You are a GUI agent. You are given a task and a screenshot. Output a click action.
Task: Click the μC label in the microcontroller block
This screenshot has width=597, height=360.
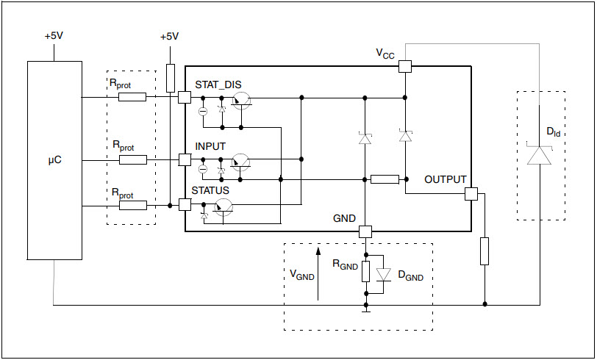[54, 160]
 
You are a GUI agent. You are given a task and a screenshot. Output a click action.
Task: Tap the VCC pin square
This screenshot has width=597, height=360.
[404, 66]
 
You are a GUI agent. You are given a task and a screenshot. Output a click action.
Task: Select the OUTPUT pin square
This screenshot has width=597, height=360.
[471, 194]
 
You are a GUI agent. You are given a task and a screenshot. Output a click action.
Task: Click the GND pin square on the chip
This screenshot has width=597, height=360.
[365, 231]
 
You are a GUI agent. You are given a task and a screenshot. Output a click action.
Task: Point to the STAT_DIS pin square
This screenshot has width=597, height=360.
[185, 97]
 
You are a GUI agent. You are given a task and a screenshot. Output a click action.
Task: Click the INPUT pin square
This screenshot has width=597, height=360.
[185, 159]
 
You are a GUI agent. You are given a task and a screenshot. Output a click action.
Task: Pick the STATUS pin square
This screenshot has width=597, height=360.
[185, 205]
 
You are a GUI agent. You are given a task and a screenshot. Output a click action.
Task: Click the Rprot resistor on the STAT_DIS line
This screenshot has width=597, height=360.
[132, 97]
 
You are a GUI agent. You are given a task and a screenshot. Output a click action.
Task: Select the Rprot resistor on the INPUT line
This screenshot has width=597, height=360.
[133, 160]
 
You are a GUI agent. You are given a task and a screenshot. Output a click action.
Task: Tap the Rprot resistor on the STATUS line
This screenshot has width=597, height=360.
[133, 206]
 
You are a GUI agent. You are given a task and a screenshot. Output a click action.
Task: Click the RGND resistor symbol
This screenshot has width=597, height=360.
[365, 271]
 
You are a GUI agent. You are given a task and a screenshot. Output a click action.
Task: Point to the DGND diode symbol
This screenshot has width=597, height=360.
[383, 274]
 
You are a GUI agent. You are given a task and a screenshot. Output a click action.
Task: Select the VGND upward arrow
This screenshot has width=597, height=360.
[318, 273]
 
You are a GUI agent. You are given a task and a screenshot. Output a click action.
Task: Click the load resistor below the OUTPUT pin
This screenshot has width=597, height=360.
[485, 251]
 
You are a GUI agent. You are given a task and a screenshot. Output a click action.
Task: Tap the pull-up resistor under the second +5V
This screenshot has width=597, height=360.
[170, 78]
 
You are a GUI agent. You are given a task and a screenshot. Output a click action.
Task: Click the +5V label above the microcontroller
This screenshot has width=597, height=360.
[54, 36]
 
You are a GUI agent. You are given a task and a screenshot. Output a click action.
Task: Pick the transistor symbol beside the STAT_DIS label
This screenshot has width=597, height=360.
[241, 101]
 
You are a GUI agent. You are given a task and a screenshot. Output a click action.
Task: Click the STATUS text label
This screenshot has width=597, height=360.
[210, 190]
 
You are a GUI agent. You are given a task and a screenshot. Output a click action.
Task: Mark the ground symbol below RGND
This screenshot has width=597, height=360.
[366, 310]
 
